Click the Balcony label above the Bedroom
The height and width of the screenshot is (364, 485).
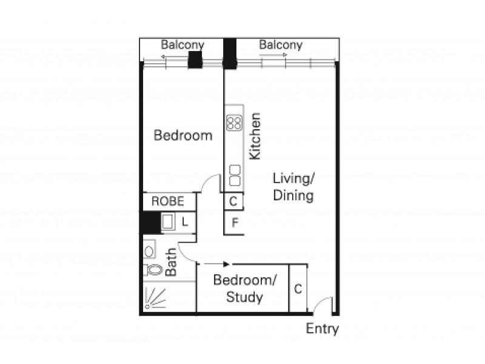click(x=182, y=44)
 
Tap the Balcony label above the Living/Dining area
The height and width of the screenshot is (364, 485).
click(x=280, y=44)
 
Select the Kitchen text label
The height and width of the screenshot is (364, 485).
click(x=255, y=136)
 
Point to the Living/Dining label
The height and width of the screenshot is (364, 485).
click(x=293, y=187)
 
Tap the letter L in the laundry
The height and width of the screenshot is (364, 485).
click(x=185, y=222)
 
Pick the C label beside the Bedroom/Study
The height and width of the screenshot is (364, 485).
click(x=298, y=289)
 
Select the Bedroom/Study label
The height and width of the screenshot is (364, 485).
click(x=245, y=289)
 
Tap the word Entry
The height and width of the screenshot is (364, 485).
click(x=322, y=329)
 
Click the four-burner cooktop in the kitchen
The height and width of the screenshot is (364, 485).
click(x=234, y=123)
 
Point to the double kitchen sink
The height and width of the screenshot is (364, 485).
click(x=234, y=174)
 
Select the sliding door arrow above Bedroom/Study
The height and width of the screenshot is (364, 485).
click(x=216, y=264)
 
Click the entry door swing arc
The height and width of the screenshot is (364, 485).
click(x=323, y=303)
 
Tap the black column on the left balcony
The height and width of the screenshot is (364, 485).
click(x=195, y=60)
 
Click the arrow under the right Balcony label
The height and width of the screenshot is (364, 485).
click(x=273, y=55)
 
